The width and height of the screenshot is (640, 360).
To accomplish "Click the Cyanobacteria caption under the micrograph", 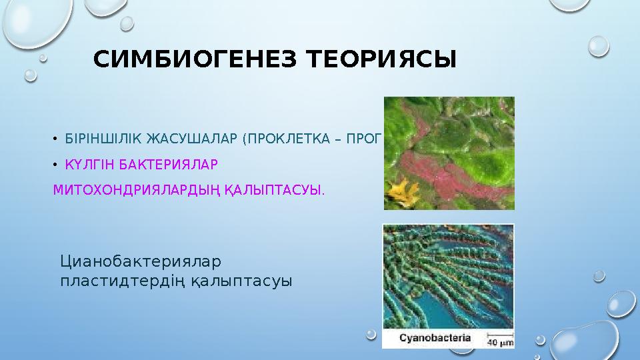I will click(x=435, y=337).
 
